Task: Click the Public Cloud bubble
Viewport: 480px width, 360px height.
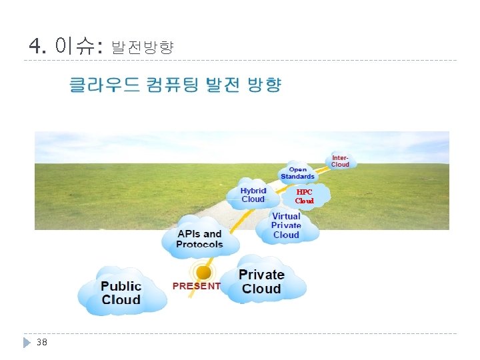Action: pyautogui.click(x=121, y=292)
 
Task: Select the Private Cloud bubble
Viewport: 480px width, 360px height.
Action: pyautogui.click(x=261, y=281)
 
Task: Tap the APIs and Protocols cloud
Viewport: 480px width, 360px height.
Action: pyautogui.click(x=199, y=239)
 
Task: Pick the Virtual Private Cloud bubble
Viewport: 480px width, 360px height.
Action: pyautogui.click(x=286, y=225)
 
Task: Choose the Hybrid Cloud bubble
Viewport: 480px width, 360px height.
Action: pyautogui.click(x=253, y=195)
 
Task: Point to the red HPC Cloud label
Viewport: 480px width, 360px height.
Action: pyautogui.click(x=304, y=196)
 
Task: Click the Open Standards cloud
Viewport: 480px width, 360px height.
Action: pyautogui.click(x=297, y=173)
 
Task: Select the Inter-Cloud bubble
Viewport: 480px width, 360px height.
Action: pyautogui.click(x=340, y=161)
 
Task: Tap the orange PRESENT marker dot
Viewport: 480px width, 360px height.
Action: pyautogui.click(x=203, y=272)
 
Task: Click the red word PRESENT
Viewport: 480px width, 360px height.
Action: pyautogui.click(x=196, y=286)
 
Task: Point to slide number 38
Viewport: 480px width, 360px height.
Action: pyautogui.click(x=42, y=342)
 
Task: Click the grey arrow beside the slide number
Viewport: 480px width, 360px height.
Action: pyautogui.click(x=27, y=342)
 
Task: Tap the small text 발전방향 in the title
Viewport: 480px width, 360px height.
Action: pyautogui.click(x=142, y=47)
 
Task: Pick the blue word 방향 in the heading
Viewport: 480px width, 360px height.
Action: pyautogui.click(x=265, y=85)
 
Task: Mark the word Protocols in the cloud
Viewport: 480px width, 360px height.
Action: pyautogui.click(x=199, y=244)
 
